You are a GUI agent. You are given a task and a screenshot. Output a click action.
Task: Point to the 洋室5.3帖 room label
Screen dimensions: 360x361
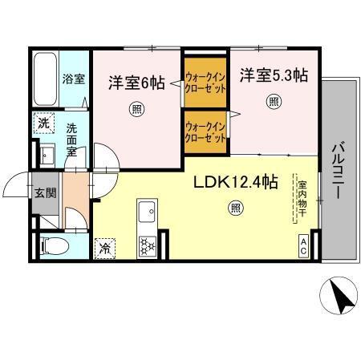272,76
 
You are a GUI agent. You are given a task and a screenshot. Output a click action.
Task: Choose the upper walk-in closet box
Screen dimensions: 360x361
204,83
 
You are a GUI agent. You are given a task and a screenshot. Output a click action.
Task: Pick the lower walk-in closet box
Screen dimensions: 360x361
204,131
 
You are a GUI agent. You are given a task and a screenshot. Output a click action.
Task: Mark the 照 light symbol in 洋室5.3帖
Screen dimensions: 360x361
274,102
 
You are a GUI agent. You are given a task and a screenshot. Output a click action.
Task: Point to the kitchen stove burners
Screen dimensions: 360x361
147,245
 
